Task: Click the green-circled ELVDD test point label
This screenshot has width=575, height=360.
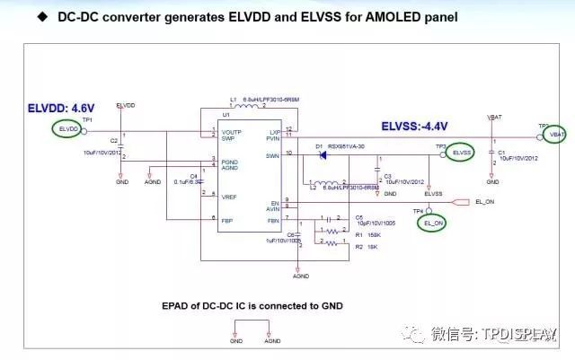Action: [x=68, y=130]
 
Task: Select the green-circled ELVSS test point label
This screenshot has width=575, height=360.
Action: [x=462, y=154]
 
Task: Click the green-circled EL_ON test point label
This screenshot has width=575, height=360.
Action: [x=432, y=221]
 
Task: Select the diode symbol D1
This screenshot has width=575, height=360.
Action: [x=321, y=154]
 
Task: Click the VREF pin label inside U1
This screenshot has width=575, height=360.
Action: [x=230, y=196]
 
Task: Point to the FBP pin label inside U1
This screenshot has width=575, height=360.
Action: [x=228, y=219]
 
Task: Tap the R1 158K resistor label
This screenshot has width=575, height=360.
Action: [x=367, y=235]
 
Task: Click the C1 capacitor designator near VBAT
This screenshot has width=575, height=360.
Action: [x=500, y=152]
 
